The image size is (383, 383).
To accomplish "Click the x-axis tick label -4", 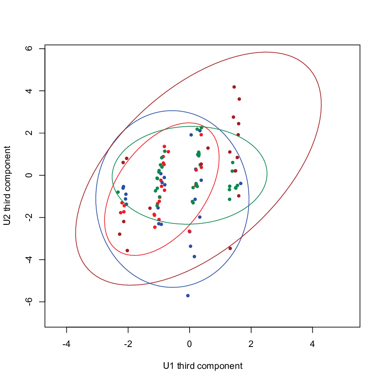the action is click(66, 344).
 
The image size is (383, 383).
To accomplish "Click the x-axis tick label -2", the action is click(128, 344).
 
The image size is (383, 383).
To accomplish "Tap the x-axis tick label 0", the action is click(189, 344).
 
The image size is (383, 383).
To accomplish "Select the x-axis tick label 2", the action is click(251, 344).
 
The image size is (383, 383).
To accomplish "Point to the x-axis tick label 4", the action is click(312, 344).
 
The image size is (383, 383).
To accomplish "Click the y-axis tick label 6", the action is click(29, 48).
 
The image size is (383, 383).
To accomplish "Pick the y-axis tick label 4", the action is click(29, 91).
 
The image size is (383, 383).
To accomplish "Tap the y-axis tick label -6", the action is click(29, 302).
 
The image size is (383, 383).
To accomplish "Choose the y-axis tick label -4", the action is click(29, 259).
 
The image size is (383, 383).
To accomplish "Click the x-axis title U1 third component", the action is click(203, 366).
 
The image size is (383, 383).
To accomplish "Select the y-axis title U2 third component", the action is click(7, 186).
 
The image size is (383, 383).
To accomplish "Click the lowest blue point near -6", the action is click(188, 295).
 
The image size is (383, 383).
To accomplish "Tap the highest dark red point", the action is click(234, 87).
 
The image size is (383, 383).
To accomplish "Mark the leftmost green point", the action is click(118, 192).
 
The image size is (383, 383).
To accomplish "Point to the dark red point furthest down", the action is click(127, 251).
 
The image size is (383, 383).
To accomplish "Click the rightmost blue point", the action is click(241, 183).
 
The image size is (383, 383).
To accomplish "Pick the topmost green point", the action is click(202, 128).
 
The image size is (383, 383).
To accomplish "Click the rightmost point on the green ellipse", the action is click(267, 173).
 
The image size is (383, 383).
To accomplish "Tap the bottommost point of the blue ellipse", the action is click(172, 287).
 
